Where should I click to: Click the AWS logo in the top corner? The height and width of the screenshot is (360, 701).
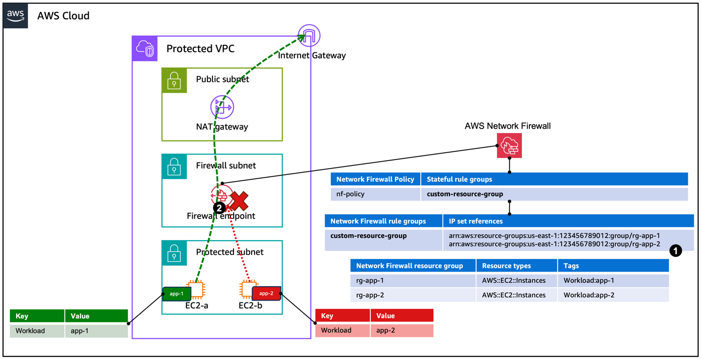(x=15, y=16)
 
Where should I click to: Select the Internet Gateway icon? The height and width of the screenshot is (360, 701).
(x=309, y=35)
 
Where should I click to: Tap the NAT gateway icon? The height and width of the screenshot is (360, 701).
(x=222, y=107)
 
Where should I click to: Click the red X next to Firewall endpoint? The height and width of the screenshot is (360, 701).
(x=239, y=200)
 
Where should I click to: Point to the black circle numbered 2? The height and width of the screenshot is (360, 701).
(x=219, y=208)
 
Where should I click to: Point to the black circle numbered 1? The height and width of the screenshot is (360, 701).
(x=675, y=251)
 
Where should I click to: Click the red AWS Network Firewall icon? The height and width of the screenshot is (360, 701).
(x=509, y=146)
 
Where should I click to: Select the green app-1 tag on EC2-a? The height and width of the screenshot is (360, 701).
(x=177, y=294)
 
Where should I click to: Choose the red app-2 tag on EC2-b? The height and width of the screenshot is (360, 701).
(x=266, y=294)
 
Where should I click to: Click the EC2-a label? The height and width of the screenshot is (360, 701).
(x=196, y=306)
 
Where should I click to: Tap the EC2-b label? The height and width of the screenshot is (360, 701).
(x=250, y=306)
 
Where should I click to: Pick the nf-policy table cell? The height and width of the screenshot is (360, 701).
(x=350, y=194)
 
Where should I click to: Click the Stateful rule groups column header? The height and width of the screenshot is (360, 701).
(x=459, y=179)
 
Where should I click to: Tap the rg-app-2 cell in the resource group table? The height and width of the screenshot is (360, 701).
(x=370, y=295)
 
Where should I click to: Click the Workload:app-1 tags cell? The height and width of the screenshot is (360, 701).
(x=589, y=281)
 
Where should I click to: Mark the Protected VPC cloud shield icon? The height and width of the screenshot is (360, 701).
(x=145, y=49)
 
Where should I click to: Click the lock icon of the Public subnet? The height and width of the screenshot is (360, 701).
(x=174, y=81)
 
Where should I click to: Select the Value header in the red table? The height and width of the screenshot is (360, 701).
(x=386, y=316)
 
